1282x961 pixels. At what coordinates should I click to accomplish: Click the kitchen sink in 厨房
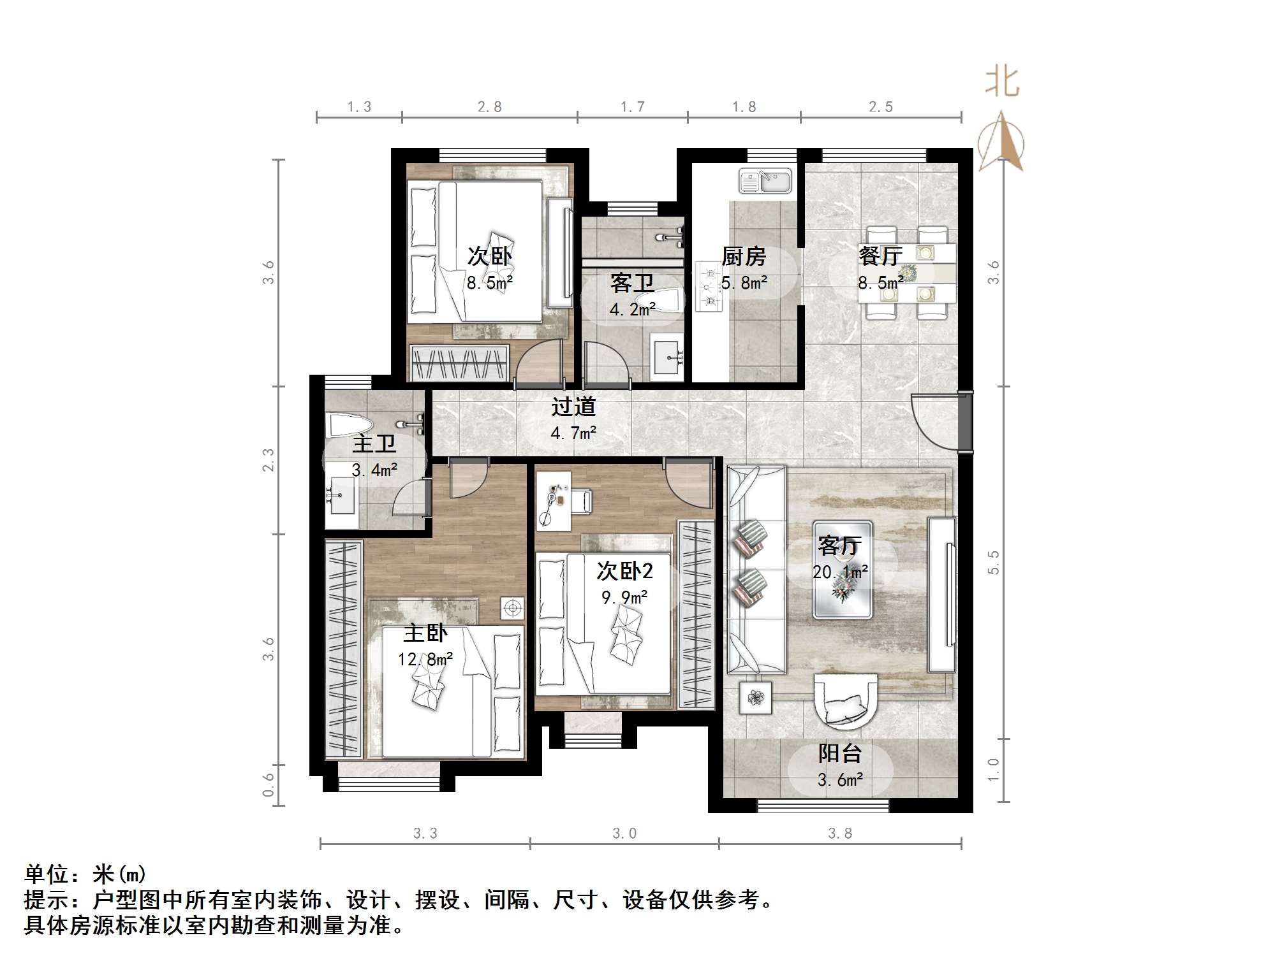(765, 180)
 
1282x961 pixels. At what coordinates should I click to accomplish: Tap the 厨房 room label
(743, 257)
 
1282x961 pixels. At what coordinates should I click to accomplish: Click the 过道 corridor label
(573, 407)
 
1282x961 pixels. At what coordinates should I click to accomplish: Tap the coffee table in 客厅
(842, 570)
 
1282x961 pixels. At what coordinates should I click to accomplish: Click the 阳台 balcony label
(840, 754)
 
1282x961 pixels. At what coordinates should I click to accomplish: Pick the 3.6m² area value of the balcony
(840, 780)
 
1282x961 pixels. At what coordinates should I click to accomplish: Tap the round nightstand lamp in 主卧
(512, 608)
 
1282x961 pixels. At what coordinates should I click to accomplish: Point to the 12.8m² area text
(425, 659)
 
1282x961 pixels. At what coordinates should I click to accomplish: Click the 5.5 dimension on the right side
(994, 562)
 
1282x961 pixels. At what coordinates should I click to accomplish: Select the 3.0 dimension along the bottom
(624, 834)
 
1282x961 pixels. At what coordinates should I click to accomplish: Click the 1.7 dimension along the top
(632, 107)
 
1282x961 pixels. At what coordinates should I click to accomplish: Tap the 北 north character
(1002, 83)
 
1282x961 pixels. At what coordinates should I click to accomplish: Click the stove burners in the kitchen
(708, 286)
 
